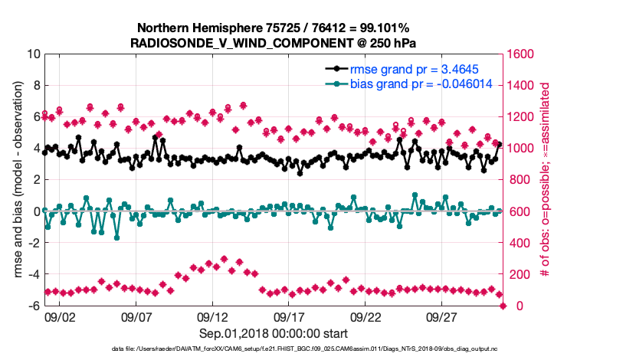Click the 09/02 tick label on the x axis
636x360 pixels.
[60, 317]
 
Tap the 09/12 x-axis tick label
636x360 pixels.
[213, 317]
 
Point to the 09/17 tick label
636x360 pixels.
[290, 317]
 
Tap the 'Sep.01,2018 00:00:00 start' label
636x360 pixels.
[274, 334]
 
